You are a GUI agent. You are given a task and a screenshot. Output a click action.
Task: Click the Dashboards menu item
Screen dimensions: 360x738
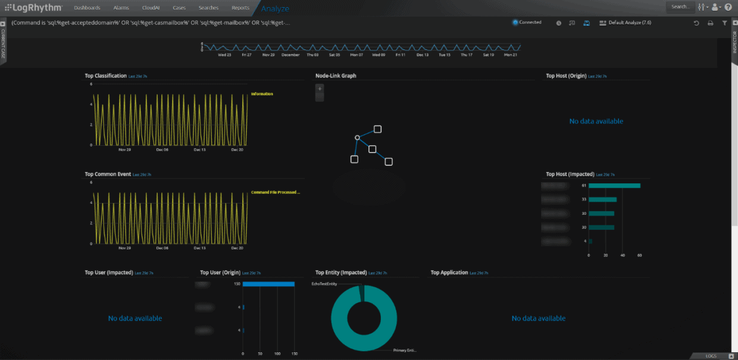(87, 8)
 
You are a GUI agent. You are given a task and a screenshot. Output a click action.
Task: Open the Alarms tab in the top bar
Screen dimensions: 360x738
(121, 8)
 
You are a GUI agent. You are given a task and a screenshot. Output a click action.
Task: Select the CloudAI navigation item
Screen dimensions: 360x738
(151, 8)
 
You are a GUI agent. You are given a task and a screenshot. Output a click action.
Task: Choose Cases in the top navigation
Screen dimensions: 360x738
(179, 8)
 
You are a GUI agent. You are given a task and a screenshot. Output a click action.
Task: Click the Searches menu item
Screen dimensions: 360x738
(209, 8)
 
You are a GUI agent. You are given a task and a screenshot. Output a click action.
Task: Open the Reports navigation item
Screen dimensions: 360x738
(240, 8)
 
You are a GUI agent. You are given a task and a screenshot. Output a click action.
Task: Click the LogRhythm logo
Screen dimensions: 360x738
(33, 8)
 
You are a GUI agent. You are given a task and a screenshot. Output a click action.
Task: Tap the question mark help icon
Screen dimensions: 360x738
(728, 7)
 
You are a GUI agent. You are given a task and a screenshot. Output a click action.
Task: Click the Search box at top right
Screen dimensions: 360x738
(680, 7)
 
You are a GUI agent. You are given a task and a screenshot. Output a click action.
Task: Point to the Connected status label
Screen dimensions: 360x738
(530, 23)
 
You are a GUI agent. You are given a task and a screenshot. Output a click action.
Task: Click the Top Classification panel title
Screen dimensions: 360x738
(106, 76)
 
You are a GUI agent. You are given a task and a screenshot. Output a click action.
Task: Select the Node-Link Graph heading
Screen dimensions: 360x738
(336, 76)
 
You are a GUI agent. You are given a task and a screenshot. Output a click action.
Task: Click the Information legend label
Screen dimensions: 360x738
(262, 94)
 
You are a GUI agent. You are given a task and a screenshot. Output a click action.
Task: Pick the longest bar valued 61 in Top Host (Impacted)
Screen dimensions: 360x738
(614, 186)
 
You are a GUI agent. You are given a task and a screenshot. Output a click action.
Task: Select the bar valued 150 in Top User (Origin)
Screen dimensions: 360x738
(268, 284)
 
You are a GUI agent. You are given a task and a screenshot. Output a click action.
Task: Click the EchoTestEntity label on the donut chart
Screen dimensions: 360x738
(324, 284)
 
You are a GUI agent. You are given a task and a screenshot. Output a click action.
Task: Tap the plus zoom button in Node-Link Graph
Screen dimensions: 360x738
(320, 89)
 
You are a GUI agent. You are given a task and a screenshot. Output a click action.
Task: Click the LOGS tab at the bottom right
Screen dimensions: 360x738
(711, 356)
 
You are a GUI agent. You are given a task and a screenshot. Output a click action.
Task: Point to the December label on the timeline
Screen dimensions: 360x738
(290, 55)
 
